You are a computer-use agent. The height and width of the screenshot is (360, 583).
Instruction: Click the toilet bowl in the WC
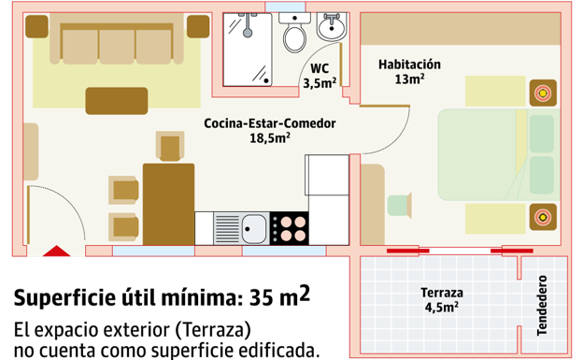(x=295, y=38)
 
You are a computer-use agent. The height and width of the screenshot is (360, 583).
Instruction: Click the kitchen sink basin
(x=251, y=225)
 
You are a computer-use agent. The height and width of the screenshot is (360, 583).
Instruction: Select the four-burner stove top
(x=290, y=226)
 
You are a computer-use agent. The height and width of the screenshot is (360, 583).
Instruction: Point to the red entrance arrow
(x=57, y=251)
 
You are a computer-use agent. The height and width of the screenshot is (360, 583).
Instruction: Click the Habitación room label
(x=409, y=65)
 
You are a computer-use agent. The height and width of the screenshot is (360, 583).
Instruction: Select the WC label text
(x=320, y=68)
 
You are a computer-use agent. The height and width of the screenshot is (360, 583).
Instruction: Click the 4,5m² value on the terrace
(x=442, y=306)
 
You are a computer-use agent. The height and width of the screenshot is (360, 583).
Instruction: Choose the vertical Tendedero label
(x=542, y=306)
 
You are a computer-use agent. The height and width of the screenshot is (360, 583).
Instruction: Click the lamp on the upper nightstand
(x=541, y=91)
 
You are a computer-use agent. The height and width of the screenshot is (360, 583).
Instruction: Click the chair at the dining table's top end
(x=170, y=146)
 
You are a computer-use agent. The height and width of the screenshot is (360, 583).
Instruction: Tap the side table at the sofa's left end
(x=37, y=26)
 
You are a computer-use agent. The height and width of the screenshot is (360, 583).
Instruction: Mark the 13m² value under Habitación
(x=410, y=79)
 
